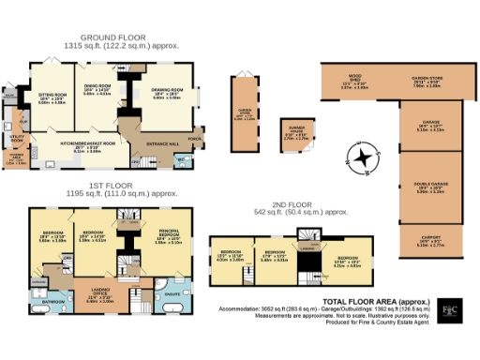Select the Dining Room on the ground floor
point(97,91)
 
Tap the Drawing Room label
point(167,93)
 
